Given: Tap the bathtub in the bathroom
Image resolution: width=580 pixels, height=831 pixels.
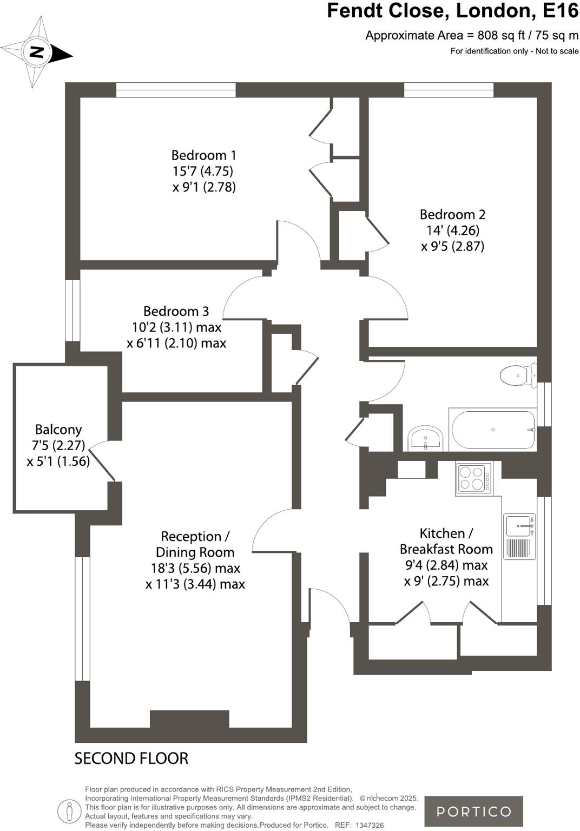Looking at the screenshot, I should pos(493,430).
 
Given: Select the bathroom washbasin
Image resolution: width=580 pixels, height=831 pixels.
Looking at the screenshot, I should pos(426,438).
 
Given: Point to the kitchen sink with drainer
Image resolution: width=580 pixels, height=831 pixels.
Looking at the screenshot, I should pos(519,536).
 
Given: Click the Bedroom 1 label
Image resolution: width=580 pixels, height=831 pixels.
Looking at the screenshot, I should pos(204,155).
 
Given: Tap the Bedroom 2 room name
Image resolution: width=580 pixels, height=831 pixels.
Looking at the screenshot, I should pos(452,214).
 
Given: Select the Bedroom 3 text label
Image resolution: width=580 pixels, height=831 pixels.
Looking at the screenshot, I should pos(176,311).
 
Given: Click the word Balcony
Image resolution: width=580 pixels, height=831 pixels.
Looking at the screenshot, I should pos(58,430).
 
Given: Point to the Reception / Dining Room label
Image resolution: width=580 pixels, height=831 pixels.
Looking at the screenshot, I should pos(195,544).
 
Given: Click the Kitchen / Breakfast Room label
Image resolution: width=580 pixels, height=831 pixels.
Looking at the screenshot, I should pos(446,541).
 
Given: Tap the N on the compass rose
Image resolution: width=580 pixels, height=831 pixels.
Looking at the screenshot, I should pos(37,52).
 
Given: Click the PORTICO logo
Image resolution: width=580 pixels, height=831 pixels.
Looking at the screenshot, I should pos(473,811).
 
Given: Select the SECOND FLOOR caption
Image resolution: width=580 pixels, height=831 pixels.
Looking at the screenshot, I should pos(131,759).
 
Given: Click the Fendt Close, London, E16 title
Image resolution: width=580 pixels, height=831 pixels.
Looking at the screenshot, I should pos(452,11).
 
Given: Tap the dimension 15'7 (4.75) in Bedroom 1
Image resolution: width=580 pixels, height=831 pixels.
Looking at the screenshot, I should pos(203,172).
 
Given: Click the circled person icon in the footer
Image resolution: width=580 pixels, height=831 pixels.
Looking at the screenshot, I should pos(69,810).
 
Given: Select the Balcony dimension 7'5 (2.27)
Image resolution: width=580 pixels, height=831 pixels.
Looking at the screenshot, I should pos(58,446).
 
